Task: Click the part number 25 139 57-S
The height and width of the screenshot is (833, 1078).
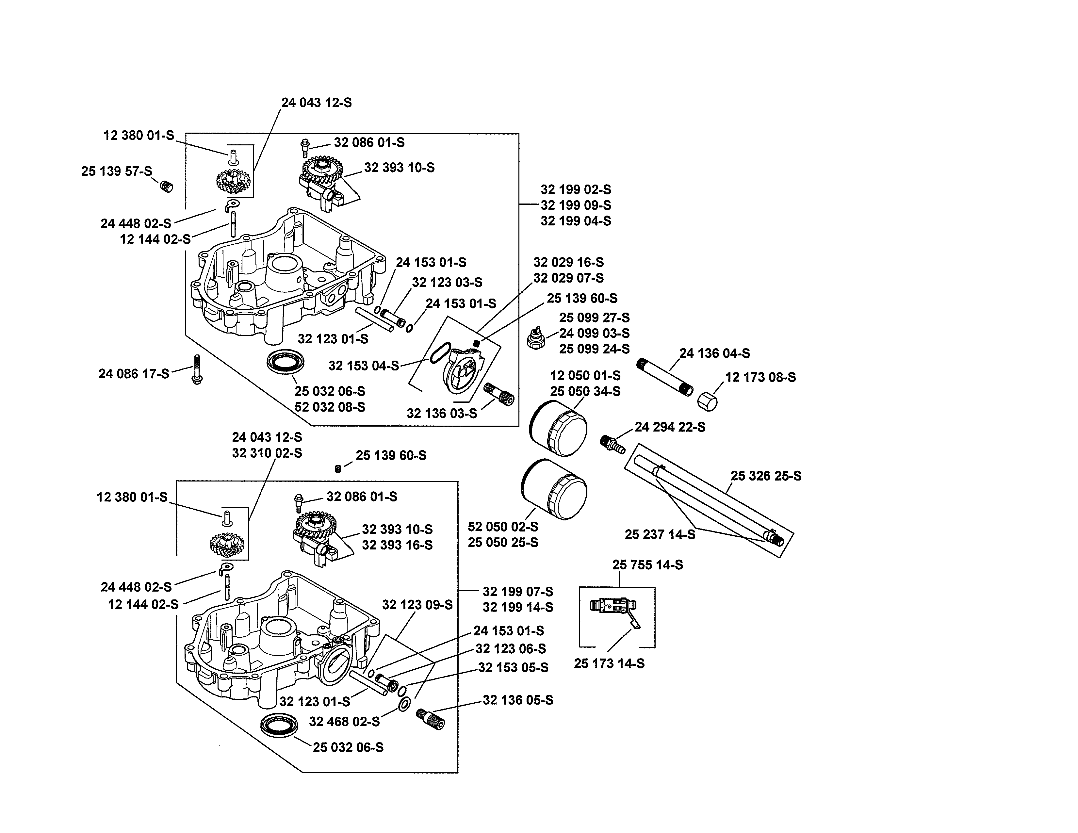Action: coord(117,171)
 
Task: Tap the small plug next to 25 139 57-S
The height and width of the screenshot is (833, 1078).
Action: coord(167,187)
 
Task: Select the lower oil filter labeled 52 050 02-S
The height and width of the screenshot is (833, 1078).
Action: coord(554,489)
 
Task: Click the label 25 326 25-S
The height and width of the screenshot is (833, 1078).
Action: coord(766,476)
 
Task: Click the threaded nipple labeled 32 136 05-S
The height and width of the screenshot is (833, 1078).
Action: coord(431,719)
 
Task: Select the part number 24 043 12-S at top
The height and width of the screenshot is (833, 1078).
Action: coord(317,103)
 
